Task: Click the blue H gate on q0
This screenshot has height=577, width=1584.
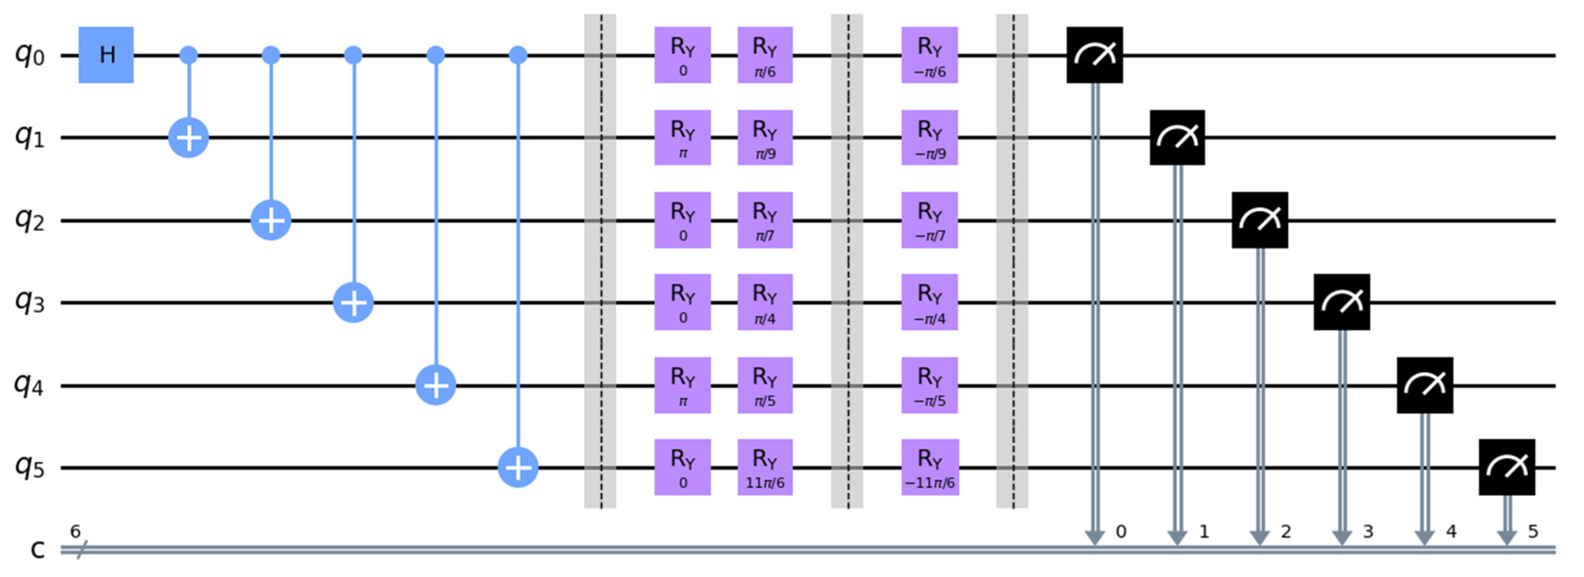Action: [x=106, y=55]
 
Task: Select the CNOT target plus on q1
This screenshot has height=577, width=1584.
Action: [x=189, y=138]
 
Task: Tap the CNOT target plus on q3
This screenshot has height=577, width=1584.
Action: [x=353, y=302]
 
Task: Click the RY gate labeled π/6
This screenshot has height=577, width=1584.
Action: [x=765, y=55]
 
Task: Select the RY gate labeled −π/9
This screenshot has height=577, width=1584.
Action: [x=930, y=138]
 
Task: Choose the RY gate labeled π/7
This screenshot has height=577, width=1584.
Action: [x=765, y=220]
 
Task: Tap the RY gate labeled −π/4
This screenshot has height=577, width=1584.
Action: [x=930, y=302]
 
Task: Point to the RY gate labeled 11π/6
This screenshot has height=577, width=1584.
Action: [x=765, y=468]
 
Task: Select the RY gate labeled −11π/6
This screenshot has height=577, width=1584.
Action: [x=930, y=468]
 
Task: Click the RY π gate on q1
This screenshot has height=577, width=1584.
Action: [x=682, y=138]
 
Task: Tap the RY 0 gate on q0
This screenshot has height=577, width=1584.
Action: [x=682, y=55]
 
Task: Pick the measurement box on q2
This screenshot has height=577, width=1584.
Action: [x=1259, y=220]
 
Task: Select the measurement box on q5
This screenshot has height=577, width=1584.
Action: [x=1506, y=468]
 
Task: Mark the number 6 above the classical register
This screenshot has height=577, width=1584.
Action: [x=75, y=531]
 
